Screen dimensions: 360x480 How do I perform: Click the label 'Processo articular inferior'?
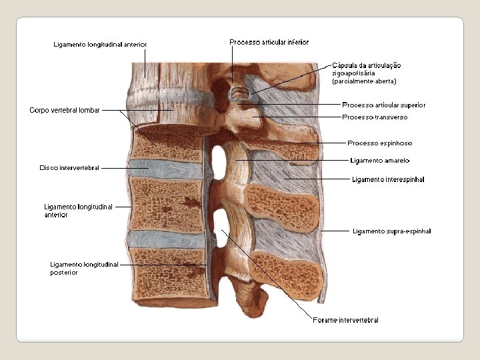[x=269, y=42]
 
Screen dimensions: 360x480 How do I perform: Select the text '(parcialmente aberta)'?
[x=364, y=81]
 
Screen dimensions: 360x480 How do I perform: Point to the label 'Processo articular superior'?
[x=383, y=105]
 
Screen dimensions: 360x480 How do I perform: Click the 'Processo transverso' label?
[x=374, y=117]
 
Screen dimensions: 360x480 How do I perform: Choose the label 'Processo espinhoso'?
[x=379, y=143]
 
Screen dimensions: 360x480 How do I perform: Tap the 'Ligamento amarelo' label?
[x=379, y=160]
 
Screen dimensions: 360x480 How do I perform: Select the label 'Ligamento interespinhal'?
[x=387, y=179]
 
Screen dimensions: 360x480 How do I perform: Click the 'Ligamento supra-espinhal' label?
[x=391, y=231]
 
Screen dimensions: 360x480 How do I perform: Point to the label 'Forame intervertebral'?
[x=345, y=321]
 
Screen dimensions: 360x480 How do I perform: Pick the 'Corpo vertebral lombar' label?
[x=64, y=110]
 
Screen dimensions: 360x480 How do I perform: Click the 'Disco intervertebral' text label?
[x=69, y=168]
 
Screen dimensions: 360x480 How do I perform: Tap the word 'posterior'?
[x=64, y=272]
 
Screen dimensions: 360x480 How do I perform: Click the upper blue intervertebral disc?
[x=165, y=169]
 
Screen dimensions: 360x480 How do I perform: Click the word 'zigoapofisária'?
[x=353, y=73]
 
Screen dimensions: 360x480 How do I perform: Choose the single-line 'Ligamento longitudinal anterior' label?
[x=100, y=45]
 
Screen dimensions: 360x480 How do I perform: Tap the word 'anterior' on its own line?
[x=56, y=215]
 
